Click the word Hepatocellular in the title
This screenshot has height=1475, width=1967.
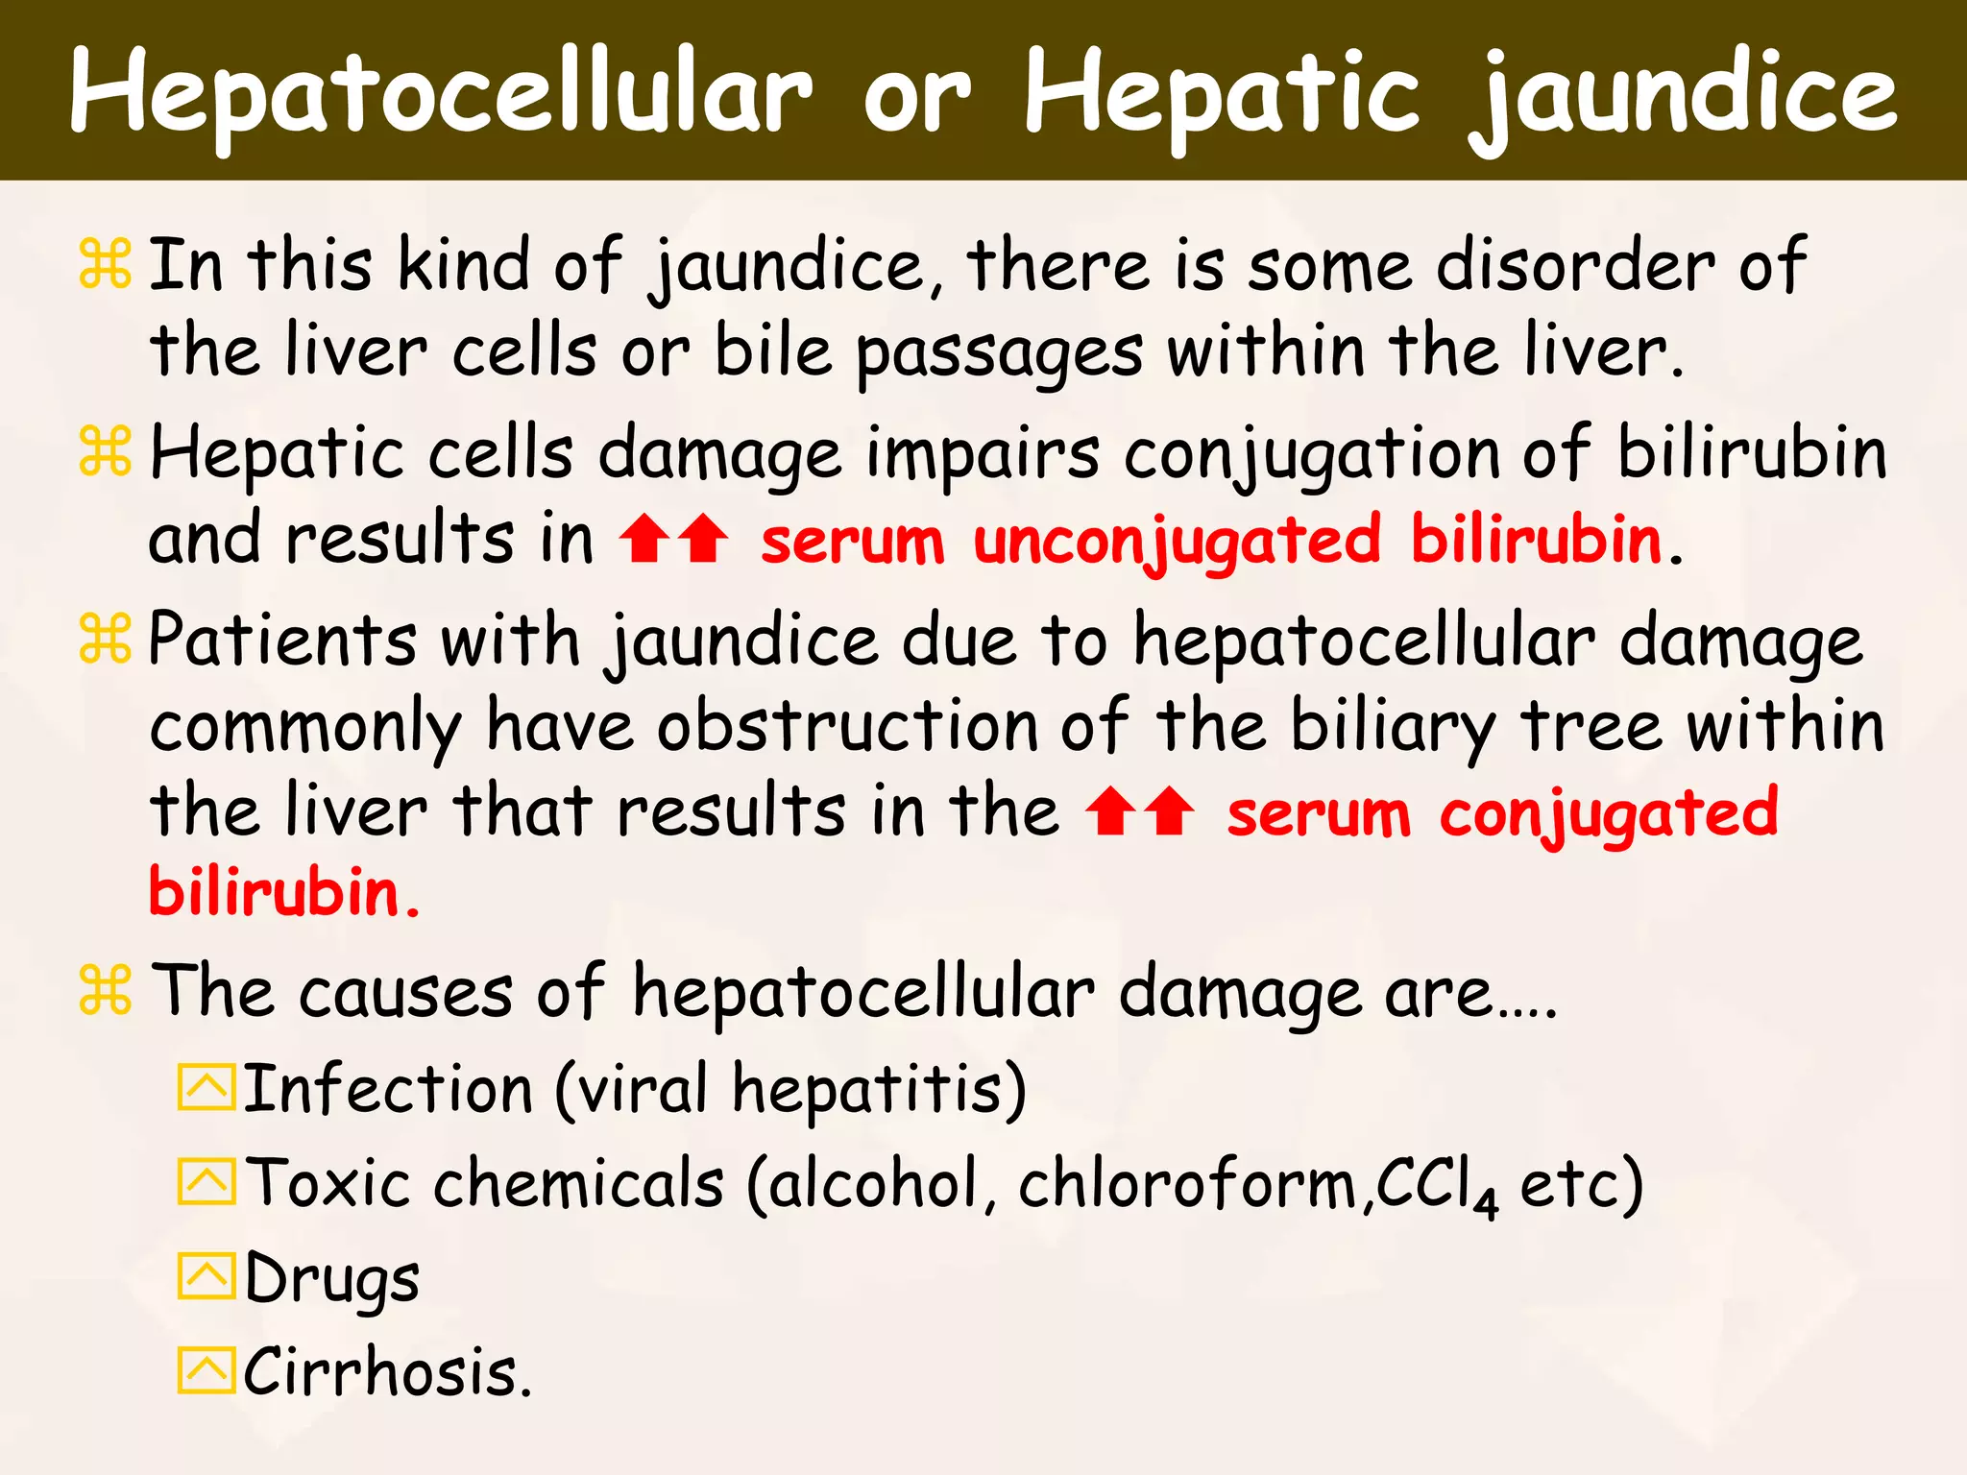click(x=441, y=93)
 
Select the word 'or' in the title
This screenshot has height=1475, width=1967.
click(x=916, y=96)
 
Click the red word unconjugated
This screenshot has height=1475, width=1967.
click(x=1178, y=541)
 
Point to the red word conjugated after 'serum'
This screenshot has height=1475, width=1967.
click(x=1609, y=813)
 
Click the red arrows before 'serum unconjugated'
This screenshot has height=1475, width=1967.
click(x=673, y=538)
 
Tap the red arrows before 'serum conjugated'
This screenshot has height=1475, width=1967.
click(x=1140, y=811)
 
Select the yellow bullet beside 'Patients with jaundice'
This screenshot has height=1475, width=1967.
click(x=105, y=641)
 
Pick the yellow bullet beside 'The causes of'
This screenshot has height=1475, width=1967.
click(x=105, y=991)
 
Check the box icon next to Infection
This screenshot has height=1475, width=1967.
click(x=206, y=1088)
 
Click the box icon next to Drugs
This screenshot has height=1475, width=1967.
click(x=206, y=1276)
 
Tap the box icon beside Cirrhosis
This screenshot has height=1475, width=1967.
click(x=206, y=1370)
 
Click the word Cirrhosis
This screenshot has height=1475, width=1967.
click(x=387, y=1371)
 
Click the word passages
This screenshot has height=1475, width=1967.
click(x=999, y=353)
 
